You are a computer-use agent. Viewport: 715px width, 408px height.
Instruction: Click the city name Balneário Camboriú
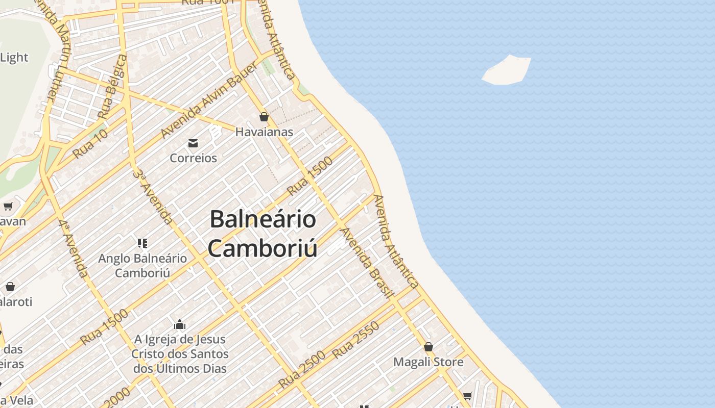coord(263,234)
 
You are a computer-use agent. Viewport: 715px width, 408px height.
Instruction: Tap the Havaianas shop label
coord(264,132)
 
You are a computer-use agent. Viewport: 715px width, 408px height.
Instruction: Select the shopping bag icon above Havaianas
coord(264,117)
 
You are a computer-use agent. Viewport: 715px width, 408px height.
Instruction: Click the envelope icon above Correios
coord(193,143)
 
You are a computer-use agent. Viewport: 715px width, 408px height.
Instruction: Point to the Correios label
coord(193,158)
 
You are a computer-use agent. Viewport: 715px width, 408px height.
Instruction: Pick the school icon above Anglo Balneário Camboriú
coord(142,243)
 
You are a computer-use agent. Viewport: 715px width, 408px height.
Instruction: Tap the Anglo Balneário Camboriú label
coord(142,265)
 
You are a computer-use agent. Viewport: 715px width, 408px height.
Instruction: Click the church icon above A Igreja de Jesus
coord(180,324)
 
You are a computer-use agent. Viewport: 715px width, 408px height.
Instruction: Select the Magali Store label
coord(428,362)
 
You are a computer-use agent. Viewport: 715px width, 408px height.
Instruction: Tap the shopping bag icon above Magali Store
coord(428,347)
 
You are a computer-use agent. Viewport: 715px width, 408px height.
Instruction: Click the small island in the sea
coord(507,70)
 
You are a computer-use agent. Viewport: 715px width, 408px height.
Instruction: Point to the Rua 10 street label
coord(90,144)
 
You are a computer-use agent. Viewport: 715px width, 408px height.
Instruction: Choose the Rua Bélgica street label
coord(113,87)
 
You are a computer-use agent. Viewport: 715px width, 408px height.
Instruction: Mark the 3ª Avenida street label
coord(153,197)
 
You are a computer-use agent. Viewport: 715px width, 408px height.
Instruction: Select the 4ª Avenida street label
coord(73,249)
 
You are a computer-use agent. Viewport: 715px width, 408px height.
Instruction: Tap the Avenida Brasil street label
coord(367,263)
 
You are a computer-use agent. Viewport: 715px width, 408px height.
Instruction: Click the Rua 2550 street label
coord(356,340)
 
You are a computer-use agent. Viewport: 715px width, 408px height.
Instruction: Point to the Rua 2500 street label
coord(302,370)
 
